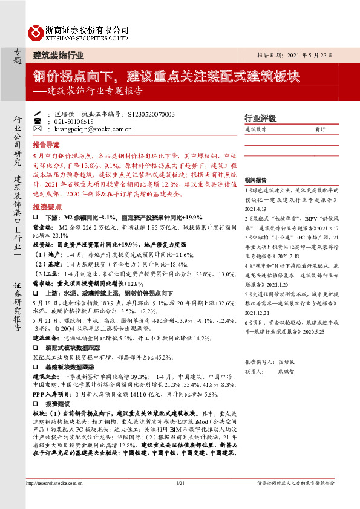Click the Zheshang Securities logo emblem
pos(35,31)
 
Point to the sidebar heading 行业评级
pos(260,118)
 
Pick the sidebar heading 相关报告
pos(256,181)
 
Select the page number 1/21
pos(180,483)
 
